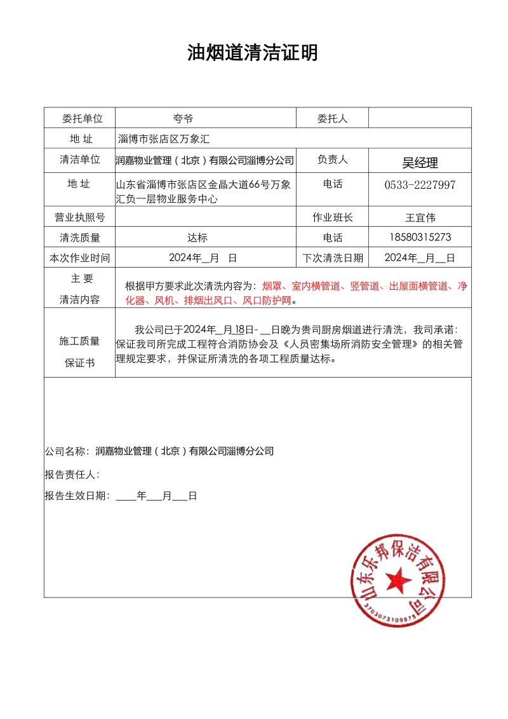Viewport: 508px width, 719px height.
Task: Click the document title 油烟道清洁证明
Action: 253,53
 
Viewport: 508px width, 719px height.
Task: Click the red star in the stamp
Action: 398,579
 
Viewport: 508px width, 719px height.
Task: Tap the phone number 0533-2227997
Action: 420,184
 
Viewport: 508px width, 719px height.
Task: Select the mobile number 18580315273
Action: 420,237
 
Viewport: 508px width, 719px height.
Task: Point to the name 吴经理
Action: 420,163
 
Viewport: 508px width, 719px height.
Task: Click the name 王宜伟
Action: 420,217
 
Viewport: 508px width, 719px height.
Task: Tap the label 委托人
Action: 332,118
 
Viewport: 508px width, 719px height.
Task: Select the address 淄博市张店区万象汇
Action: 164,138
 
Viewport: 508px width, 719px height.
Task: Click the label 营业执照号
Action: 80,217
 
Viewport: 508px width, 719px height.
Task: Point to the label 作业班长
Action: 332,217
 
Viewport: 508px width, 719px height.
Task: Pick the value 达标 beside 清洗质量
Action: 197,238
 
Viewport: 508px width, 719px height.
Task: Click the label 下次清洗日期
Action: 332,257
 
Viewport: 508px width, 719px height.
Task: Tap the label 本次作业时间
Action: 79,257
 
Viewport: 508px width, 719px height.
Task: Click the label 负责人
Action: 332,160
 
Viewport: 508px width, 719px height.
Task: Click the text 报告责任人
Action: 72,474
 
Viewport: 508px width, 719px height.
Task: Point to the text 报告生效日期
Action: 77,496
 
